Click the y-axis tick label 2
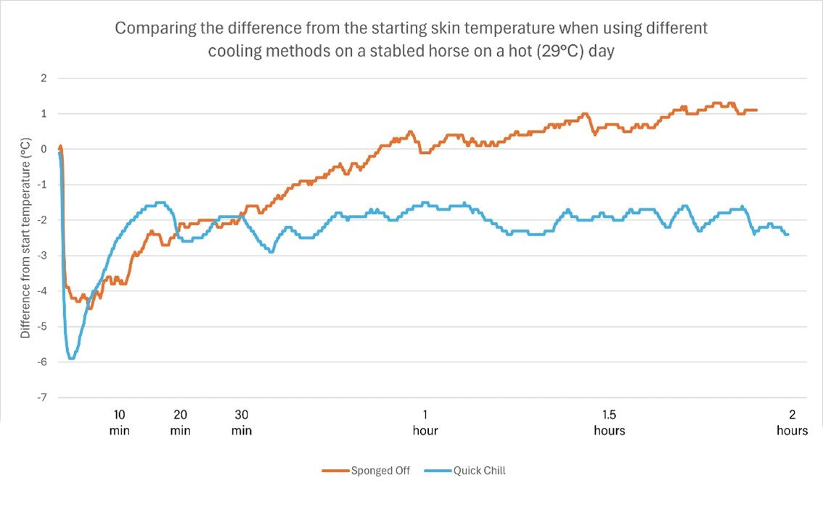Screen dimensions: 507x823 point(43,78)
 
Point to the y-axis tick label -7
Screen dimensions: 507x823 point(41,397)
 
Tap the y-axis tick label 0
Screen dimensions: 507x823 point(43,149)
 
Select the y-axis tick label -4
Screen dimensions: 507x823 point(41,291)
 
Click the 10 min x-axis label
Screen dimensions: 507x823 point(120,422)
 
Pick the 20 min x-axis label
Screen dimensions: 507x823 point(181,422)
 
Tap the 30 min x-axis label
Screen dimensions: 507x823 point(242,422)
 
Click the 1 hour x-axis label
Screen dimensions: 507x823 point(425,422)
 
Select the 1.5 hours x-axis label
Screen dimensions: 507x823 point(609,422)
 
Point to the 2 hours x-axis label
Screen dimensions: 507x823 point(792,422)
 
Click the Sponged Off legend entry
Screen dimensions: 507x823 point(366,471)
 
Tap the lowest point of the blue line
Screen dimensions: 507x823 point(71,359)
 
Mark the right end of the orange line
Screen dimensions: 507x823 point(757,110)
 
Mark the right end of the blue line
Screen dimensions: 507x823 point(788,234)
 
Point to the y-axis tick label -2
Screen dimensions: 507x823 point(41,220)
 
